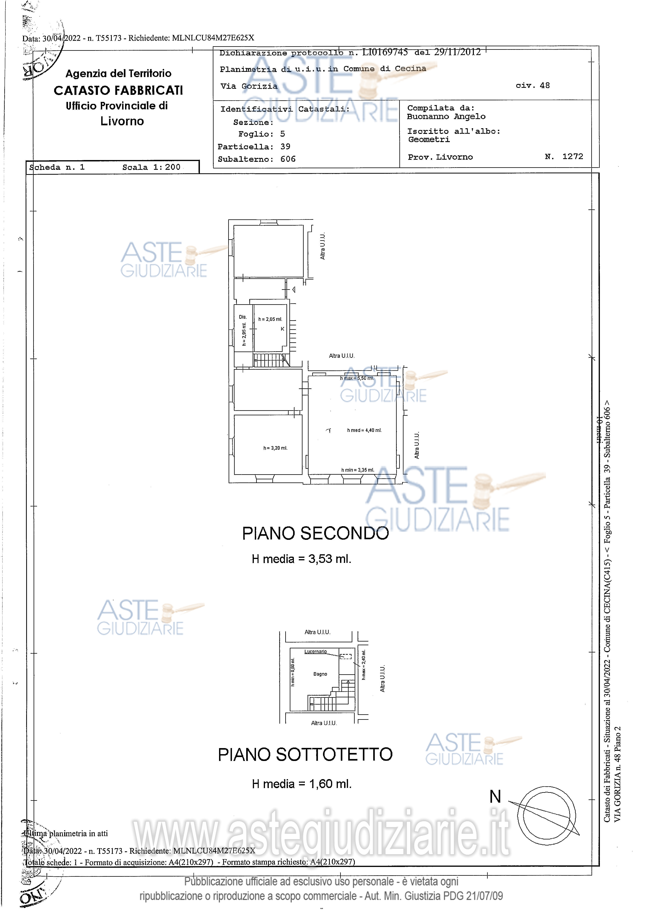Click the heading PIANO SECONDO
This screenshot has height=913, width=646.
[315, 533]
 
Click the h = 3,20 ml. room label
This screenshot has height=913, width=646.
[275, 448]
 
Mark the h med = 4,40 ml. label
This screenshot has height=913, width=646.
[364, 430]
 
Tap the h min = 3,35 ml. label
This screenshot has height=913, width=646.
[357, 470]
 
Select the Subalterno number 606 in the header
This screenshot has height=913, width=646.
[288, 159]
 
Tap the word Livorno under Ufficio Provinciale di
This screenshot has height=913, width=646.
[122, 121]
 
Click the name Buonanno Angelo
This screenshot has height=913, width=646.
[446, 117]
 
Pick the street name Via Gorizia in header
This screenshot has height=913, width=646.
[249, 86]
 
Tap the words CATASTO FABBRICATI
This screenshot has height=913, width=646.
[118, 91]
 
